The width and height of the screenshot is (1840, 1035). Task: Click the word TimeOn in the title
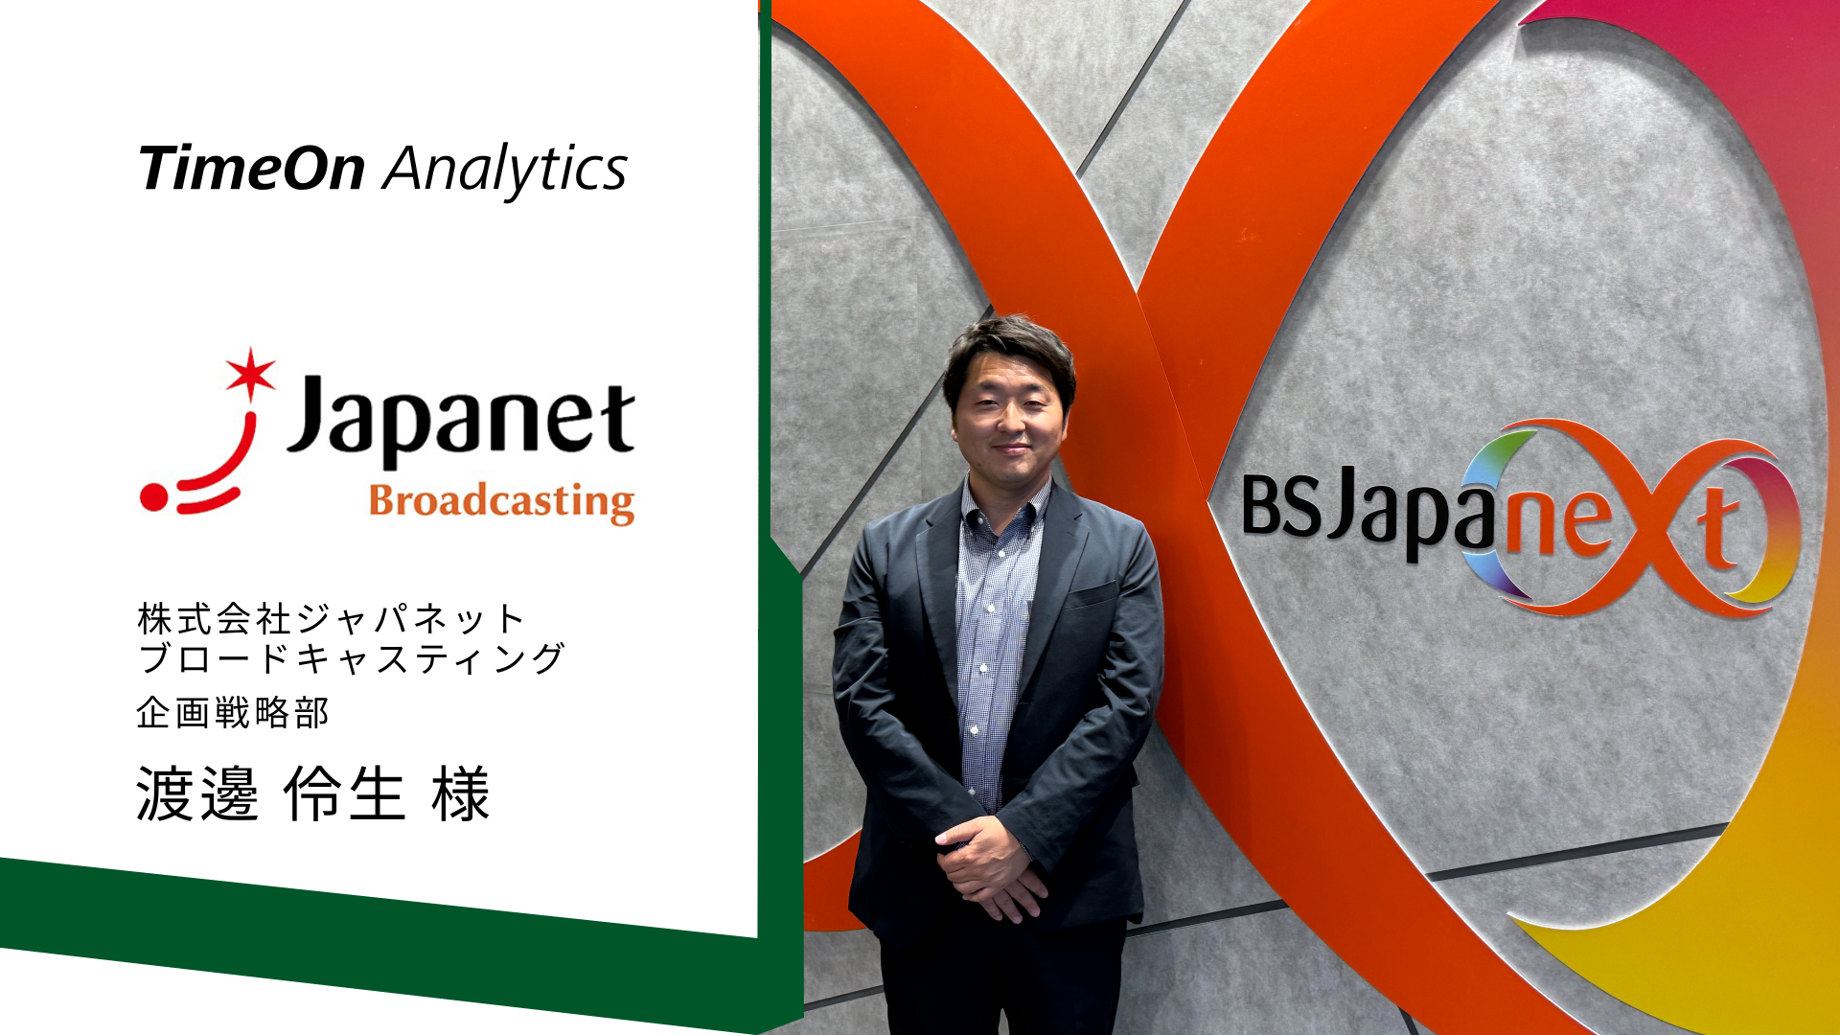pyautogui.click(x=252, y=169)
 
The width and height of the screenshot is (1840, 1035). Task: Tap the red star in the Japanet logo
pyautogui.click(x=250, y=373)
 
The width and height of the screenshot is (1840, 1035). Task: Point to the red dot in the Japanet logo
pyautogui.click(x=153, y=497)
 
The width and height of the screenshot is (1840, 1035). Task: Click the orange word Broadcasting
pyautogui.click(x=502, y=502)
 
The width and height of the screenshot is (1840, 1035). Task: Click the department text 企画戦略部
pyautogui.click(x=233, y=713)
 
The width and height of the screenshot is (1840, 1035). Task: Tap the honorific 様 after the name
pyautogui.click(x=461, y=793)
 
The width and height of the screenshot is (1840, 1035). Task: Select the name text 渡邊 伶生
pyautogui.click(x=270, y=793)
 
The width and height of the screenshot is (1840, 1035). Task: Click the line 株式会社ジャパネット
pyautogui.click(x=332, y=619)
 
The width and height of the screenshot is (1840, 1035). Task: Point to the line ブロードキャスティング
pyautogui.click(x=352, y=658)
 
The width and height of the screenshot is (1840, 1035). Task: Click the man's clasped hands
pyautogui.click(x=989, y=867)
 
